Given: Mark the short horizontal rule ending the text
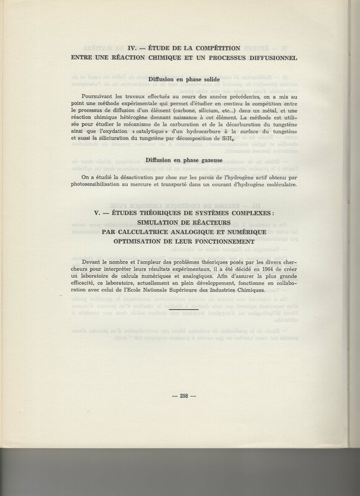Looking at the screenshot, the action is [183, 306].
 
